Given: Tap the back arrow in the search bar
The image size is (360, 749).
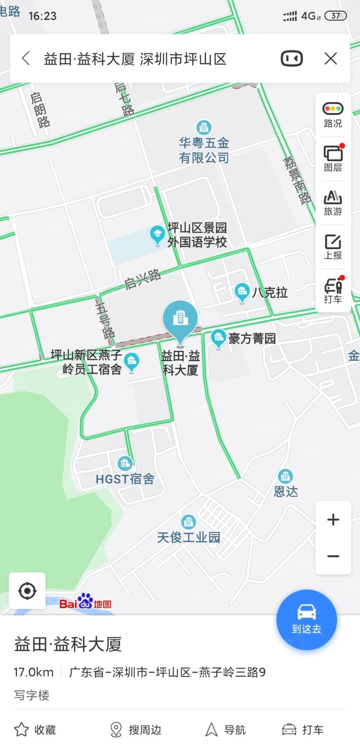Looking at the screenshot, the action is pos(26,58).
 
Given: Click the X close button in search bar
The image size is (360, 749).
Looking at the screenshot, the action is pos(330,58).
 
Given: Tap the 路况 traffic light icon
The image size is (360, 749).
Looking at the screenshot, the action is pos(333,109).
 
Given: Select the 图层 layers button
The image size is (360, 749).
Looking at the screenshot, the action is pos(333,158).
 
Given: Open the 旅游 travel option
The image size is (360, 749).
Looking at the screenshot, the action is pos(333,202).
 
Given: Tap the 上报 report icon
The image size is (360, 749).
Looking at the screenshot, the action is pos(333,247).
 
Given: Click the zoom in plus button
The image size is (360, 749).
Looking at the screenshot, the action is pos(333,519).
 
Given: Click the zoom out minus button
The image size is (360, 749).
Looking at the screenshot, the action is pos(333,556).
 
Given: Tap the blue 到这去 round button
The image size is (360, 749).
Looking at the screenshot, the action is pos(307,620).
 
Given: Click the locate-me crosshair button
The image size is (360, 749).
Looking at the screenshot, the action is pos(27,591).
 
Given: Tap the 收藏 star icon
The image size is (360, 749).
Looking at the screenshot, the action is pos(21,730).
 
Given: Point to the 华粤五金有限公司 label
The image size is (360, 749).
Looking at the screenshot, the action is pos(204,150).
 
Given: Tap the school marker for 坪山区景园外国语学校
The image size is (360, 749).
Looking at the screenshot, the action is pos(157,235).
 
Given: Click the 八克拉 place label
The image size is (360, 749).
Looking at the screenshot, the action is pos(270,292).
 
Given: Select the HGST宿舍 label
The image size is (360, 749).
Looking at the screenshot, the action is pos(125,479).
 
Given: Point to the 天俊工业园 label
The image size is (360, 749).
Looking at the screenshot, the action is pos(188,537).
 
